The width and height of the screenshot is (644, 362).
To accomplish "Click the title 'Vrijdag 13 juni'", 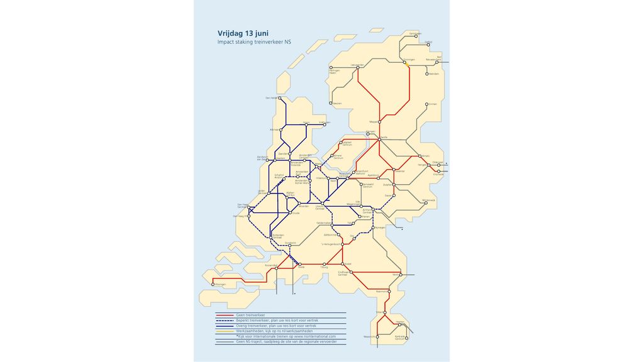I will click(243, 33).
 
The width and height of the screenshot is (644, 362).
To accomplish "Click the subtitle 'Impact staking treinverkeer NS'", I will click(250, 42).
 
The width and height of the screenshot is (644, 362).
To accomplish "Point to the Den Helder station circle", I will click(280, 98).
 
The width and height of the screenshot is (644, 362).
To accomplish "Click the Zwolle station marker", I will click(379, 139).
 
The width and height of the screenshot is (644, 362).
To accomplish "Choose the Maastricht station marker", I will click(377, 337).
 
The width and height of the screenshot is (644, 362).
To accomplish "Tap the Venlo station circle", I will click(401, 275).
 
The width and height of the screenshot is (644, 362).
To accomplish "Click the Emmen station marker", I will click(426, 104).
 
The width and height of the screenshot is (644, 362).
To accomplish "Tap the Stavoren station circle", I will click(331, 103).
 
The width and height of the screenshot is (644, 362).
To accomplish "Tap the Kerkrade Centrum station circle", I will click(406, 337).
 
